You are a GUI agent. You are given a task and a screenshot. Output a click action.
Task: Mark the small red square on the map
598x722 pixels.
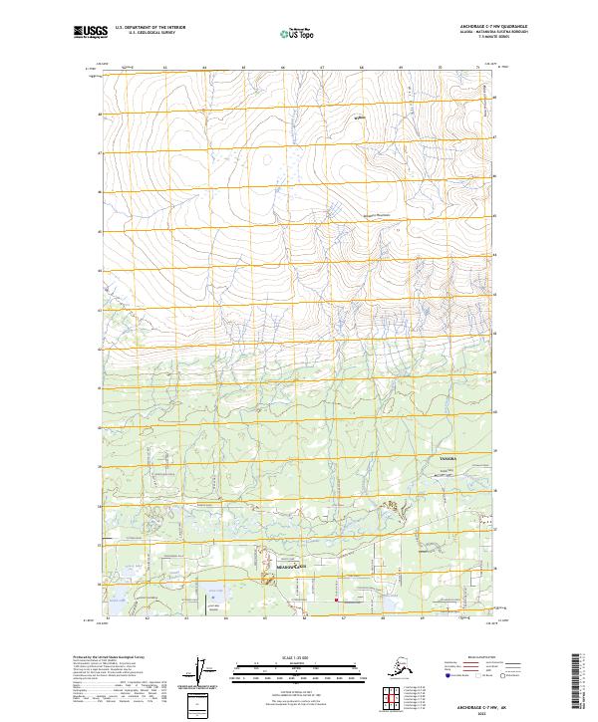337,600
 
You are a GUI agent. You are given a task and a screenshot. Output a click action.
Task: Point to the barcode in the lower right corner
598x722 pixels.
579,681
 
